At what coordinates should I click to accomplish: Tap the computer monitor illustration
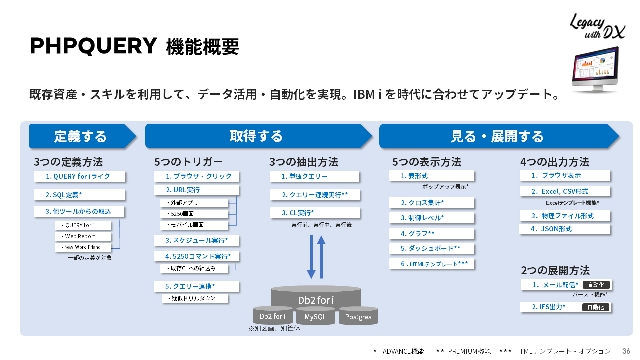pyautogui.click(x=595, y=69)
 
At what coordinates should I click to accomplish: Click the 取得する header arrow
pyautogui.click(x=257, y=136)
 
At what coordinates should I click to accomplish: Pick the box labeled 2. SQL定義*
pyautogui.click(x=79, y=195)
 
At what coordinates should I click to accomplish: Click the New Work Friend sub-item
pyautogui.click(x=83, y=247)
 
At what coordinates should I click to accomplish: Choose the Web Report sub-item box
pyautogui.click(x=83, y=236)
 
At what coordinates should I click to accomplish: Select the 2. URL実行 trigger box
pyautogui.click(x=196, y=190)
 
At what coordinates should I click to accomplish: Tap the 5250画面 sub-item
pyautogui.click(x=194, y=214)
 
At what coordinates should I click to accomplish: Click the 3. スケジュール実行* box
pyautogui.click(x=196, y=241)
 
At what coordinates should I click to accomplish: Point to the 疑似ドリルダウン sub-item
pyautogui.click(x=194, y=298)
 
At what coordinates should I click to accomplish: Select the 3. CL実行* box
pyautogui.click(x=315, y=213)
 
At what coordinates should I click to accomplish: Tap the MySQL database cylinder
pyautogui.click(x=315, y=317)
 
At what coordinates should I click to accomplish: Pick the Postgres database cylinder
pyautogui.click(x=358, y=317)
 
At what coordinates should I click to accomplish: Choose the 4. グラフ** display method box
pyautogui.click(x=432, y=234)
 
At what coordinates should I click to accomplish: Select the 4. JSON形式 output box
pyautogui.click(x=565, y=229)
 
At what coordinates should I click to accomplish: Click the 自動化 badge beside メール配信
pyautogui.click(x=596, y=285)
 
